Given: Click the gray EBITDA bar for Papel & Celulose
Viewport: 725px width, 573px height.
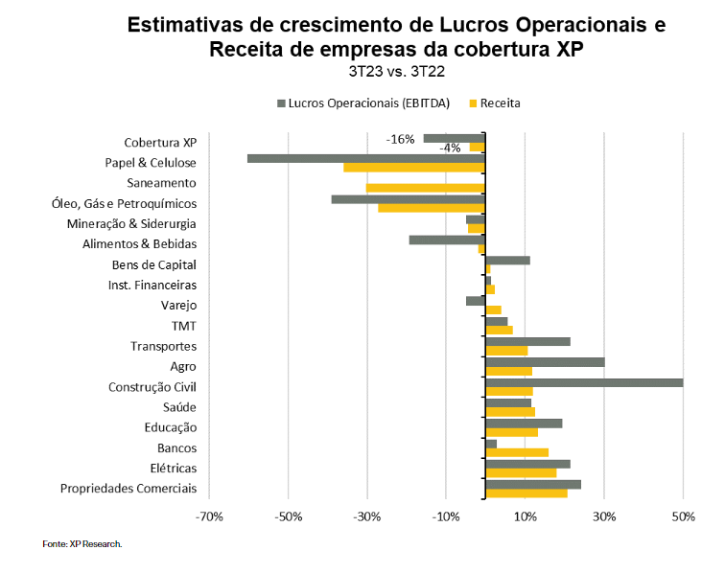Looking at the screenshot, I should click(x=365, y=158).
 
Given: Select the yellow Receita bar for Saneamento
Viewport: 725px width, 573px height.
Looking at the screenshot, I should click(x=425, y=188).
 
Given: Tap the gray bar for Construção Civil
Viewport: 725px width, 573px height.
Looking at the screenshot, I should click(x=584, y=382).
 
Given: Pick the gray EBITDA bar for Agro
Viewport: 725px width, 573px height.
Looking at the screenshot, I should click(x=545, y=362).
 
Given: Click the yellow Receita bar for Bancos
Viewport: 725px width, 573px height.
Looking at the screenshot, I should click(x=517, y=453).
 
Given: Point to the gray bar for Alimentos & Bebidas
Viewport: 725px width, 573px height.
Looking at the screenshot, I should click(x=447, y=240).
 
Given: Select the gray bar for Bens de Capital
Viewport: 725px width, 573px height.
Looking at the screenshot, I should click(x=507, y=260).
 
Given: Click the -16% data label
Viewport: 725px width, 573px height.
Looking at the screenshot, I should click(x=401, y=139).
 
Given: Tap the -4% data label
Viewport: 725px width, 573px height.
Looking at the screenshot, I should click(x=450, y=149).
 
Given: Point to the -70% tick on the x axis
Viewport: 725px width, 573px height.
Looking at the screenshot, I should click(x=209, y=518).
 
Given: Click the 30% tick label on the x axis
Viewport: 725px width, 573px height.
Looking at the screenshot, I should click(x=604, y=518).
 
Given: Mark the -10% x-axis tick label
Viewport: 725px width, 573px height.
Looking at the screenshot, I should click(x=446, y=518).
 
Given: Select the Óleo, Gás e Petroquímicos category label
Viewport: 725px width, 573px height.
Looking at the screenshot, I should click(x=124, y=203).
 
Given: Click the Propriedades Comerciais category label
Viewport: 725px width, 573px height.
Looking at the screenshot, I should click(x=129, y=489).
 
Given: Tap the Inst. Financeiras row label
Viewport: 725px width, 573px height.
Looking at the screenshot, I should click(x=152, y=285).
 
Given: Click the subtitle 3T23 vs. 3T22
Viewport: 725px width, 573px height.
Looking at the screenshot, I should click(x=396, y=71).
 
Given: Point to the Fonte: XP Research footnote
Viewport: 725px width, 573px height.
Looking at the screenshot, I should click(x=82, y=544).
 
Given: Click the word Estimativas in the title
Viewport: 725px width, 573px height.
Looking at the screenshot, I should click(x=184, y=24).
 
